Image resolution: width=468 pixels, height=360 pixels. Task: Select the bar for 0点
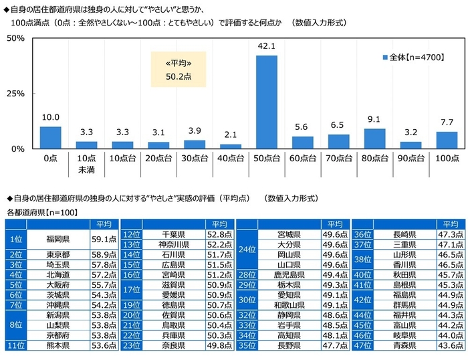(x=50, y=137)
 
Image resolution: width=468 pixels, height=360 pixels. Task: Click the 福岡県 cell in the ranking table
(x=58, y=238)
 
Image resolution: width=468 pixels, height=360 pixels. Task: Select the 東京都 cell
(x=58, y=255)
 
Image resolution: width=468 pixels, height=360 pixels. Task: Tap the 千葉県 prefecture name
(x=173, y=234)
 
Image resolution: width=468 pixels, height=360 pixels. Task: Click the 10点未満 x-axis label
(x=86, y=165)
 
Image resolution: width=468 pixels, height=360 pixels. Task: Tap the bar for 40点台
(x=231, y=145)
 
